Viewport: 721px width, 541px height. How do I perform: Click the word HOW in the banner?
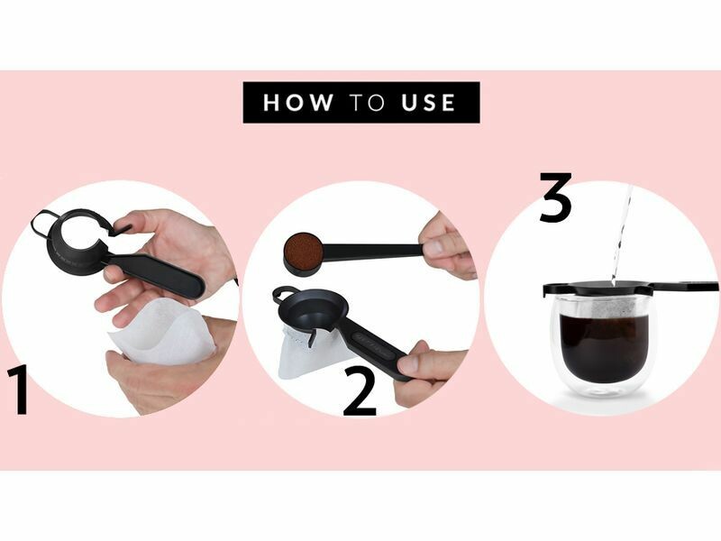pyautogui.click(x=298, y=102)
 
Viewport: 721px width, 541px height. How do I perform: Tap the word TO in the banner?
pyautogui.click(x=367, y=102)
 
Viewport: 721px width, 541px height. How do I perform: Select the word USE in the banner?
pyautogui.click(x=428, y=102)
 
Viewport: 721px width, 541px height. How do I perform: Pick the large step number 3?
pyautogui.click(x=555, y=197)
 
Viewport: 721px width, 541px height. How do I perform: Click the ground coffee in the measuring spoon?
pyautogui.click(x=301, y=250)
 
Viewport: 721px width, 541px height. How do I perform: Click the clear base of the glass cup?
pyautogui.click(x=603, y=389)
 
